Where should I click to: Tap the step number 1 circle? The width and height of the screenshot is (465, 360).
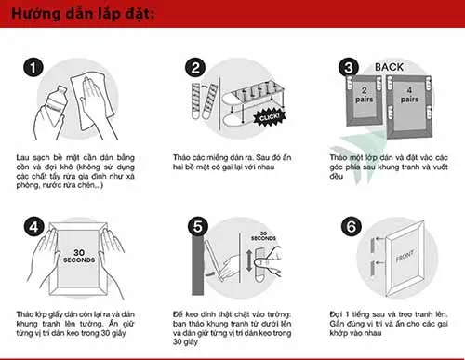click(x=33, y=67)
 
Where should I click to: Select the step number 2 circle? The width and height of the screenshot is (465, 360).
click(x=194, y=67)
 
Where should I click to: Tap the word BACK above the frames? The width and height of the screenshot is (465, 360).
click(x=388, y=68)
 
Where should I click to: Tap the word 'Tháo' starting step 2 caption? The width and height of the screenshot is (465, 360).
click(x=183, y=157)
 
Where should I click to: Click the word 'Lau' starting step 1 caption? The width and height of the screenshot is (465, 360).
click(x=25, y=157)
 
